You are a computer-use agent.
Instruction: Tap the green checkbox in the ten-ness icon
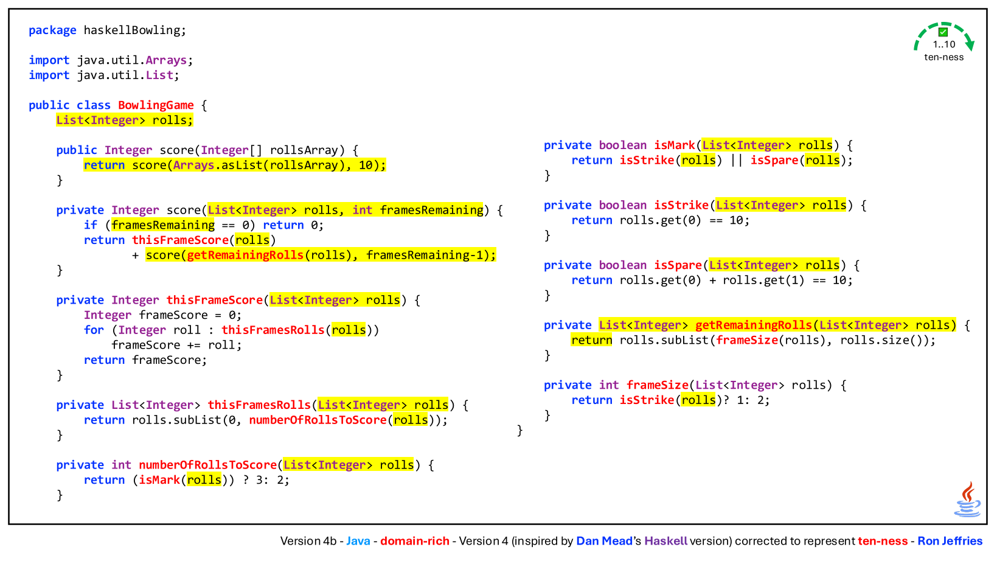coord(943,32)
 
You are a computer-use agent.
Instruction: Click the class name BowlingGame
coord(156,105)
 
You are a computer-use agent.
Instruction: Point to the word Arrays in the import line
coord(166,60)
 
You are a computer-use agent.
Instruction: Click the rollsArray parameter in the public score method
coord(304,150)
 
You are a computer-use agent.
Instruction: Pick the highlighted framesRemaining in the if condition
coord(163,225)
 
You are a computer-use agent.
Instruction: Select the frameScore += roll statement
coord(176,345)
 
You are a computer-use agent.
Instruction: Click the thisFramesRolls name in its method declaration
coord(259,405)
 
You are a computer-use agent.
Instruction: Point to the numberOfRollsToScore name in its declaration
coord(208,465)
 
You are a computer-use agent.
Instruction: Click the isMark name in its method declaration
coord(675,145)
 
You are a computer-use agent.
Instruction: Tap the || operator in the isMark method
coord(736,160)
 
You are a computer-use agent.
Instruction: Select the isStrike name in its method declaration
coord(681,205)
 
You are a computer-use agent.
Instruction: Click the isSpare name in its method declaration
coord(678,265)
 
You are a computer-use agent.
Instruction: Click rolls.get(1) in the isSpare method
coord(763,280)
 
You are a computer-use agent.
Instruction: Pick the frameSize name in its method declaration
coord(658,385)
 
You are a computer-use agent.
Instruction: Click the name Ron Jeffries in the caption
coord(950,541)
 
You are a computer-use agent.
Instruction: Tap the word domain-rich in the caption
coord(414,541)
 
